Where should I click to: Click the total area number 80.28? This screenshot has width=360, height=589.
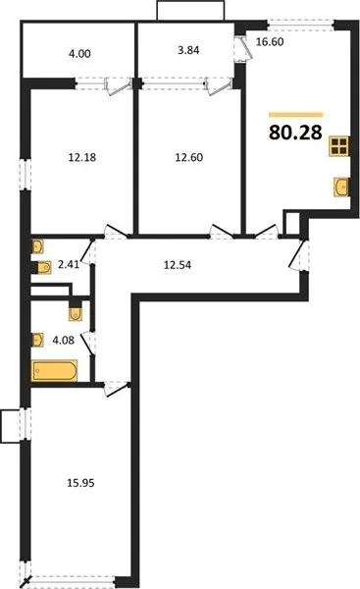[x=296, y=133]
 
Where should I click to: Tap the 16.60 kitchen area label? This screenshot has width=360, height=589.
[x=270, y=41]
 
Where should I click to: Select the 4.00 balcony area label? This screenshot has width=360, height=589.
[x=79, y=54]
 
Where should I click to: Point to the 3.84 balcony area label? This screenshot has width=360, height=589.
[x=188, y=50]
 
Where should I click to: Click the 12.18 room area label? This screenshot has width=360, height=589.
[x=82, y=157]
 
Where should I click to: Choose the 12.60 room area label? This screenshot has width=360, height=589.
[x=189, y=157]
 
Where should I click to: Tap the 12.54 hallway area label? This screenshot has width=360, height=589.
[x=178, y=265]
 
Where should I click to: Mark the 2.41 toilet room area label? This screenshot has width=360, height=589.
[x=69, y=264]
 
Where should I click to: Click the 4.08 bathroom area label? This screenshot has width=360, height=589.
[x=64, y=341]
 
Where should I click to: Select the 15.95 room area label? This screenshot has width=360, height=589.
[x=80, y=483]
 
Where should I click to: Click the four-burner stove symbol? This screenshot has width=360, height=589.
[x=338, y=146]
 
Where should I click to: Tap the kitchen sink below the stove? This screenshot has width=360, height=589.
[x=340, y=187]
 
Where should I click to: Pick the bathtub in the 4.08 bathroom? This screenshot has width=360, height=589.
[x=55, y=371]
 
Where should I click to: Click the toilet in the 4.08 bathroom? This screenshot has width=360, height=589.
[x=76, y=313]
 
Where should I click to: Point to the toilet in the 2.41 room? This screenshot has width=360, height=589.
[x=44, y=267]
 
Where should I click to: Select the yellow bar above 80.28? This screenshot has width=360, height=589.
[x=296, y=115]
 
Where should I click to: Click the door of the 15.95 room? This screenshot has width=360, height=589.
[x=116, y=388]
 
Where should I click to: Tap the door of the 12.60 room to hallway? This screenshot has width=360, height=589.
[x=222, y=232]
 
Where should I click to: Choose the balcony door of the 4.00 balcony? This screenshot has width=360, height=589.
[x=119, y=86]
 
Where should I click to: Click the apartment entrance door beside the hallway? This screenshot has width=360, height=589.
[x=299, y=255]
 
